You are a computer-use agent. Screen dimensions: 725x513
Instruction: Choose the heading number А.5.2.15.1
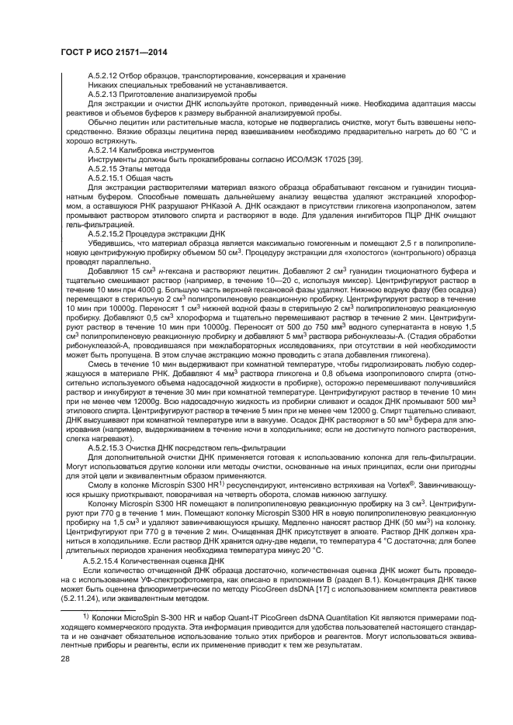[x=108, y=178]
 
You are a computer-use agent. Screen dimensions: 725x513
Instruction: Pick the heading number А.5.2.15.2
[x=108, y=233]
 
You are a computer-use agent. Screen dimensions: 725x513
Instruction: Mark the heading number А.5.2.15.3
[x=108, y=447]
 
